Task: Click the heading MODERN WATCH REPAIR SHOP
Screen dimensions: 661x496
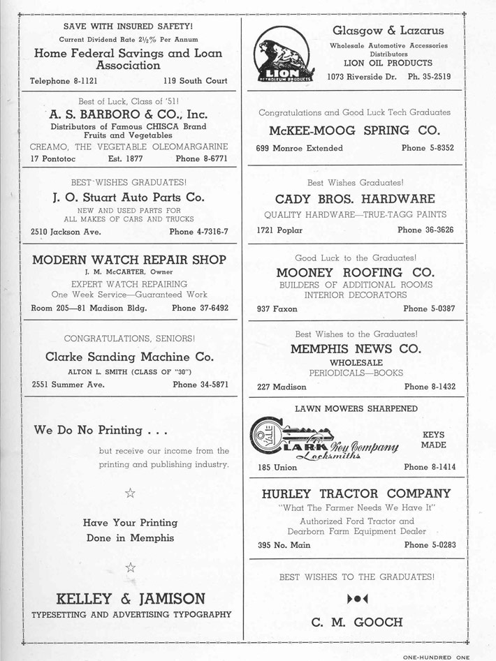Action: pyautogui.click(x=129, y=260)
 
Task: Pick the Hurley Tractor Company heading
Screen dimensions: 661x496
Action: pyautogui.click(x=356, y=493)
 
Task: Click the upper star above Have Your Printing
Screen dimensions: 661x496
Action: pyautogui.click(x=130, y=493)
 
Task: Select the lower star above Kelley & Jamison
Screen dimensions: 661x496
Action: pyautogui.click(x=130, y=566)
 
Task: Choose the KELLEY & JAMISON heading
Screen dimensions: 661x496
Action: pyautogui.click(x=130, y=598)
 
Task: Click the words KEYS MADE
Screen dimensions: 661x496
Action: pyautogui.click(x=433, y=439)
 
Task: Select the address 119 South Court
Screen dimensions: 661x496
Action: pyautogui.click(x=196, y=81)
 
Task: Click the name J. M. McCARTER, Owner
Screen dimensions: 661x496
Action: pyautogui.click(x=129, y=272)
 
